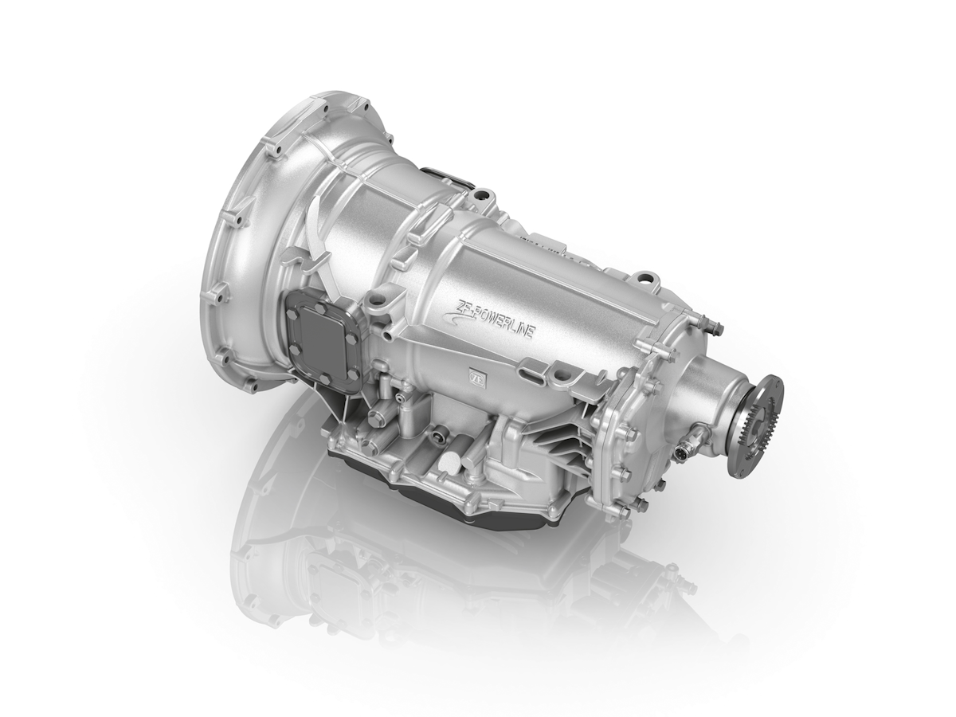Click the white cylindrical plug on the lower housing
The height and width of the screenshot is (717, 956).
(x=448, y=462)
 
